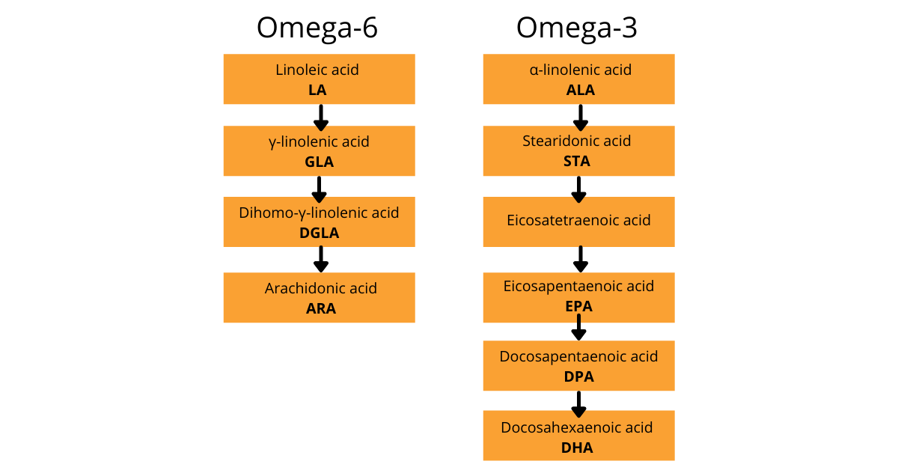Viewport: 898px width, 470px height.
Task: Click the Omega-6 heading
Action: coord(317,28)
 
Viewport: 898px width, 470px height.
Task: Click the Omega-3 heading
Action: coord(576,28)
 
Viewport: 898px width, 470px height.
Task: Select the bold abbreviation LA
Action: coord(317,91)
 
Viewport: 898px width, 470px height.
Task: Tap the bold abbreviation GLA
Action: coord(319,162)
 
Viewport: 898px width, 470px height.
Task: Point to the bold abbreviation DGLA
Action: coord(319,233)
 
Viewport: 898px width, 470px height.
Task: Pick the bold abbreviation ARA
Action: coord(321,308)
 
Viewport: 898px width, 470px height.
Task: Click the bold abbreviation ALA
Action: coord(581,91)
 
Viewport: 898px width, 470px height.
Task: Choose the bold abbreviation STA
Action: coord(577,161)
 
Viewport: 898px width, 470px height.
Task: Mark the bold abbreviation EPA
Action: coord(578,306)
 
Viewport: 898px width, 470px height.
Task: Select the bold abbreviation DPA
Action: coord(579,376)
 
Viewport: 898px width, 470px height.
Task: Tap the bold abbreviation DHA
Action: coord(577,448)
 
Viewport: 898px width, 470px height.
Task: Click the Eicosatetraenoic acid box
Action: coord(579,222)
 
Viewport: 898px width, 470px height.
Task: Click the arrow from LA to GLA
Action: coord(321,118)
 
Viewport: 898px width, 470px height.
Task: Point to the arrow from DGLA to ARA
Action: coord(321,260)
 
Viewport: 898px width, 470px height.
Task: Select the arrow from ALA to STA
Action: coord(581,118)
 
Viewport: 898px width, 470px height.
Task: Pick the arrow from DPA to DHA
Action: coord(578,405)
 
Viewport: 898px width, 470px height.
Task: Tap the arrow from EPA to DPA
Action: coord(578,327)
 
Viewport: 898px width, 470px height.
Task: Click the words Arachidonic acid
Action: coord(321,288)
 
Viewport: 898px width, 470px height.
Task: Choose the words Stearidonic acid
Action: coord(576,141)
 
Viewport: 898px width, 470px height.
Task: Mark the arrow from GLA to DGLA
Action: coord(319,190)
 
